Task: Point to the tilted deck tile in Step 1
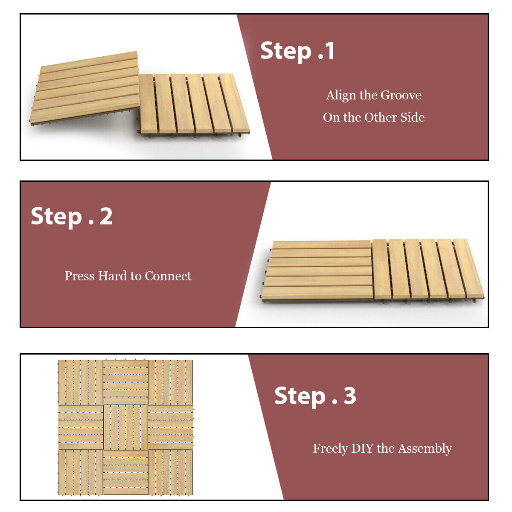point(85,87)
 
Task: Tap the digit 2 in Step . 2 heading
point(106,216)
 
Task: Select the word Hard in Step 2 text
point(113,276)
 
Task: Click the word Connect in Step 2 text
point(168,276)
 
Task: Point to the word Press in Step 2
point(80,276)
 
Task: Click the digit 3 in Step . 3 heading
point(350,396)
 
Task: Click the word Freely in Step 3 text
point(330,448)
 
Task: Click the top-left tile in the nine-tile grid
point(80,382)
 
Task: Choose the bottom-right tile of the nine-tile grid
point(171,472)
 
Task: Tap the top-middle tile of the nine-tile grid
point(125,382)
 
